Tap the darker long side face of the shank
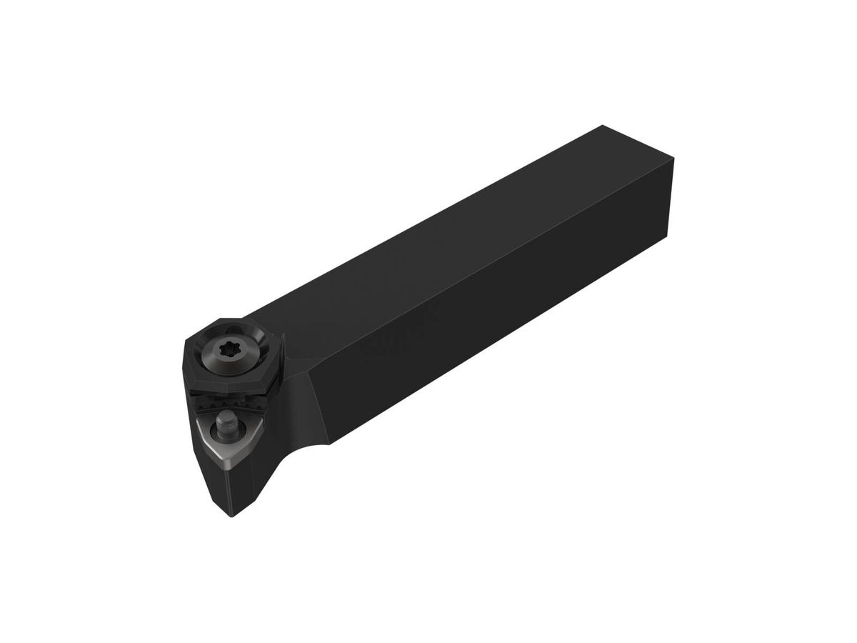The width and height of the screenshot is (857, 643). pyautogui.click(x=500, y=321)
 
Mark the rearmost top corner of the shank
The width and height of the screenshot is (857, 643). pyautogui.click(x=601, y=126)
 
